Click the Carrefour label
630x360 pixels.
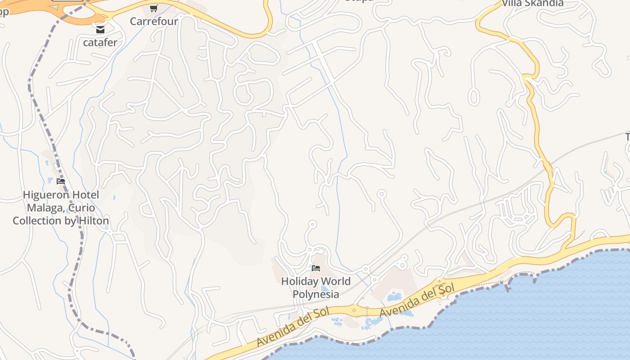154,21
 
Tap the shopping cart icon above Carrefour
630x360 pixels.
153,8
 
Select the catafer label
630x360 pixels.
100,43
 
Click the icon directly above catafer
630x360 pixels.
100,30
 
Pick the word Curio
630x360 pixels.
82,208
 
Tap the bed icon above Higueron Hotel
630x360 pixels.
61,181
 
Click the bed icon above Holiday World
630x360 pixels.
316,268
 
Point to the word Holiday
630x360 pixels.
299,282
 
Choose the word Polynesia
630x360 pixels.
316,294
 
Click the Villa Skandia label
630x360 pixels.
532,3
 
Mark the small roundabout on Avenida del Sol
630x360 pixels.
354,310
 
